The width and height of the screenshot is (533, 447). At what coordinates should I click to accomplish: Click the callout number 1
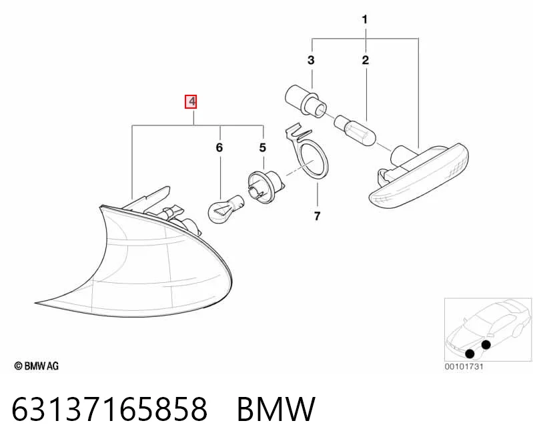pyautogui.click(x=365, y=19)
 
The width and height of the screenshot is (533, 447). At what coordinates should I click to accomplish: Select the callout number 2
pyautogui.click(x=366, y=60)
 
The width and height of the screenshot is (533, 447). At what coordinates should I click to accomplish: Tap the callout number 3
pyautogui.click(x=311, y=60)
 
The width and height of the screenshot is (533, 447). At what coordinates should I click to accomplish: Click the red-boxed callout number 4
pyautogui.click(x=191, y=101)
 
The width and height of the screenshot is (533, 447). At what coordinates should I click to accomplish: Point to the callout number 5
pyautogui.click(x=262, y=147)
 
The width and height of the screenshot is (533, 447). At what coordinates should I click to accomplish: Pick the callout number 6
pyautogui.click(x=219, y=147)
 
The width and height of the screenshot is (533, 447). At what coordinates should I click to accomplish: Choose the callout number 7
pyautogui.click(x=317, y=216)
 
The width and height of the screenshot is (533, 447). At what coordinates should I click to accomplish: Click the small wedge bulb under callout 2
pyautogui.click(x=356, y=131)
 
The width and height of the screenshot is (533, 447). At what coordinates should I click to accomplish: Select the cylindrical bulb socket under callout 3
pyautogui.click(x=306, y=101)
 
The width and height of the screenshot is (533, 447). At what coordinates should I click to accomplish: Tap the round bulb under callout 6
pyautogui.click(x=225, y=208)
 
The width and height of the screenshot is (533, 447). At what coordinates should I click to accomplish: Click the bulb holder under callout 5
pyautogui.click(x=265, y=187)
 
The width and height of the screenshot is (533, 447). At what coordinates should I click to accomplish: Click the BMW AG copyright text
pyautogui.click(x=37, y=366)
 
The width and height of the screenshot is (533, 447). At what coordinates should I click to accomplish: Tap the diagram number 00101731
pyautogui.click(x=464, y=366)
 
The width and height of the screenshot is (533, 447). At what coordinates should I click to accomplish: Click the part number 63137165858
pyautogui.click(x=109, y=408)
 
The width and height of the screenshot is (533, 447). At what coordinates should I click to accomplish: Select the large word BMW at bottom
pyautogui.click(x=276, y=408)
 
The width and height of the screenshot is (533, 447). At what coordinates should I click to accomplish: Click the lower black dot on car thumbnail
pyautogui.click(x=470, y=354)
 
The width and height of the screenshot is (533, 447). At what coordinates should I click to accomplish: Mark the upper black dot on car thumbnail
pyautogui.click(x=486, y=345)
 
